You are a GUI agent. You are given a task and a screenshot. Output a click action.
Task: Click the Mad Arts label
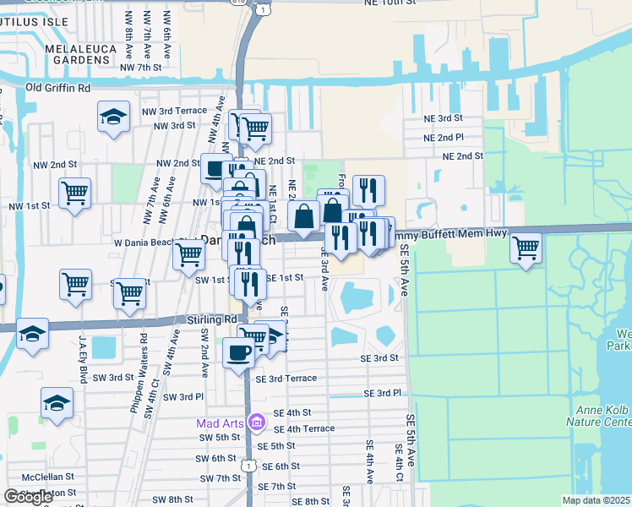[221, 422]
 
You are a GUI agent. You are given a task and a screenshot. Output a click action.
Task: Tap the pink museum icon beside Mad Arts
[257, 421]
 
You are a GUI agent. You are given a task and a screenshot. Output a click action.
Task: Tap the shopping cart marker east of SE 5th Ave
[526, 247]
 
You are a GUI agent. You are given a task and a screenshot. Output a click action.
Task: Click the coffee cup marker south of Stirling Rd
[238, 351]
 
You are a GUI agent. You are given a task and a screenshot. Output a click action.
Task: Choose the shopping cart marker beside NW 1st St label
[75, 193]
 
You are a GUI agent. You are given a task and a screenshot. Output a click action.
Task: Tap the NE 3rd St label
[444, 118]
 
